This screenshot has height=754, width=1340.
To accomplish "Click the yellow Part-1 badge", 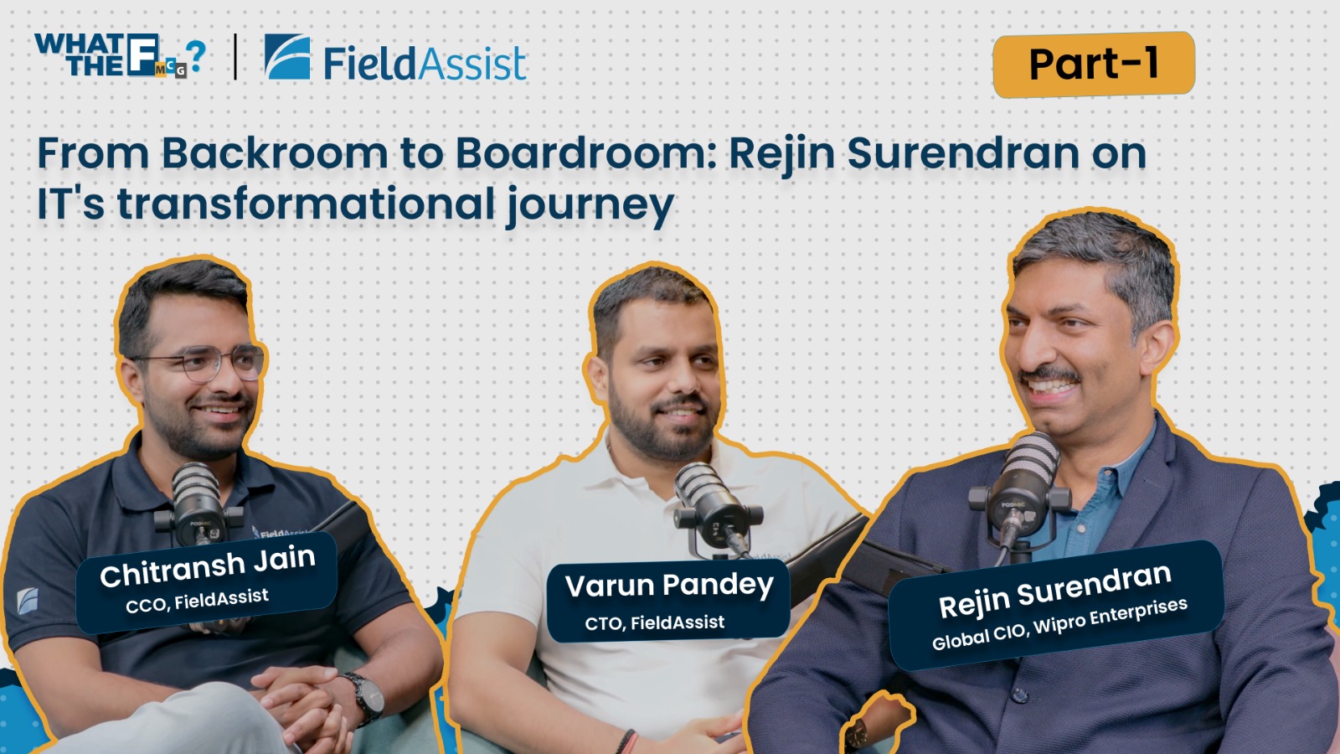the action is pos(1094,64).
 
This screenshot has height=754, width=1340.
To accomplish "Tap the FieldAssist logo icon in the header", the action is pos(287,56).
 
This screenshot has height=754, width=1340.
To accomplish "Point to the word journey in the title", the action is pos(590,205).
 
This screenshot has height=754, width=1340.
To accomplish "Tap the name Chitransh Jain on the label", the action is pos(208,566).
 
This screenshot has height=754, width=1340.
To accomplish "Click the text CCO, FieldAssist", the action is pos(197,601).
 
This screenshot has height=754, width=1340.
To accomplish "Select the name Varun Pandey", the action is pos(669,586).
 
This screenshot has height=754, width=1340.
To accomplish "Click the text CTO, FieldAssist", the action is pos(654,623).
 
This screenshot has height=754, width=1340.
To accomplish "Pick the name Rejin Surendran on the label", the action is pos(1054,591).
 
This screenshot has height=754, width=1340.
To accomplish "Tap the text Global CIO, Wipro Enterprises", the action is pos(1059,624).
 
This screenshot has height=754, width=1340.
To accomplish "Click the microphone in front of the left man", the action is pos(198,504).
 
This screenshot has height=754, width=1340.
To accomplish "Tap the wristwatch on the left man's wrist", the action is pos(366,698).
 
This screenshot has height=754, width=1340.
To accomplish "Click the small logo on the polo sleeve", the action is pos(28,601).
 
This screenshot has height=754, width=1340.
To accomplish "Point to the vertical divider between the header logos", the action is pos(235,57).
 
